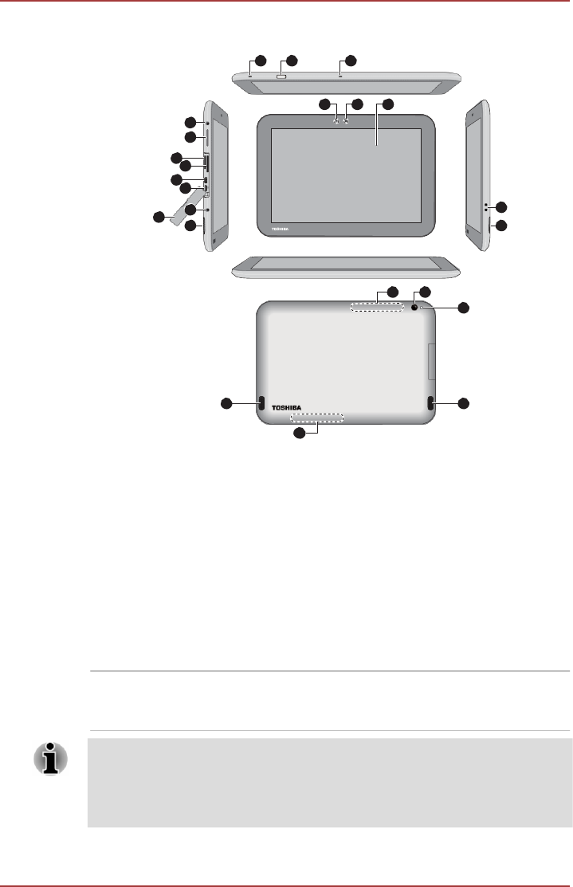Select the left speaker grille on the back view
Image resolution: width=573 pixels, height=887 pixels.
pos(261,403)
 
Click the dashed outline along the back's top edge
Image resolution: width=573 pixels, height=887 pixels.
pos(376,308)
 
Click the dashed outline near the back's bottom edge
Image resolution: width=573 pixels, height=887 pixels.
pos(317,418)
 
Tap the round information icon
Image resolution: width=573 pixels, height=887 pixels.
pos(50,760)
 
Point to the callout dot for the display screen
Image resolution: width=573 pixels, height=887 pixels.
pos(388,104)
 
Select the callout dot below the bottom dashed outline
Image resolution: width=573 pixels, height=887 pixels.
pos(300,434)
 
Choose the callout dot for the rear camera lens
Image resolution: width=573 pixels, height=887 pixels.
pos(424,292)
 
